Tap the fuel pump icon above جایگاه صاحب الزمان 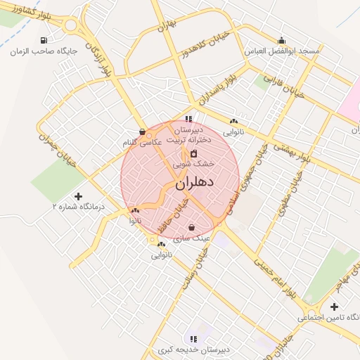click(x=44, y=41)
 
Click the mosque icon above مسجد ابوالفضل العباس click(x=281, y=40)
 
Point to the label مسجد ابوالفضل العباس click(x=281, y=52)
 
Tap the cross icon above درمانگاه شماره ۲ click(x=78, y=196)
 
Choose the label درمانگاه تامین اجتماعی click(x=328, y=318)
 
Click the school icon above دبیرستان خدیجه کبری click(x=193, y=339)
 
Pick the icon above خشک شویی click(x=193, y=153)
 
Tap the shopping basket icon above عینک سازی click(x=191, y=226)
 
